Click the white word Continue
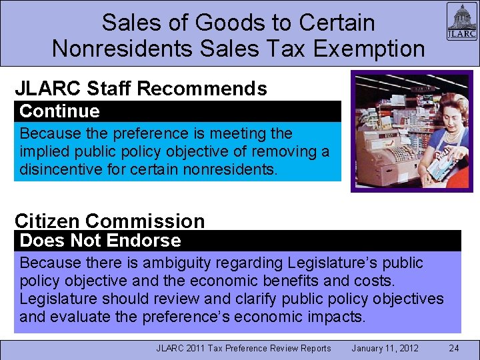coord(59,111)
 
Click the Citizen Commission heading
coord(110,221)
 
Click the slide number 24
coord(454,348)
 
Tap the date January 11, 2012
coord(385,348)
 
